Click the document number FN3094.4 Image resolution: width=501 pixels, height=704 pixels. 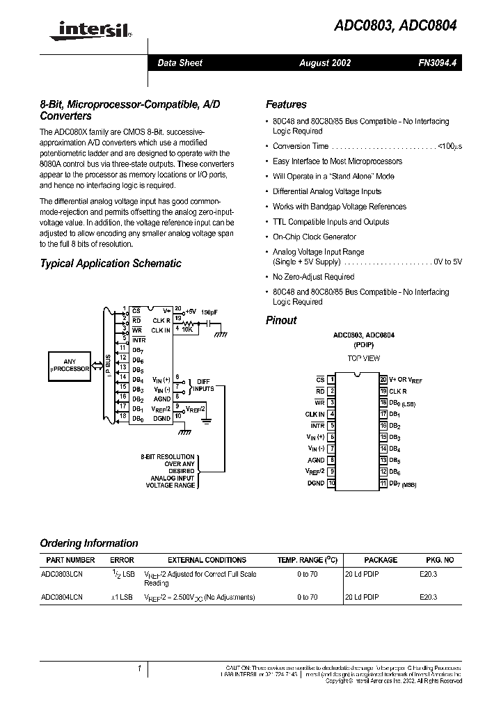(437, 63)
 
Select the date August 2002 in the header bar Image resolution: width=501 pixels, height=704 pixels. (325, 63)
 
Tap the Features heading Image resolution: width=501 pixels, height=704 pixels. (286, 104)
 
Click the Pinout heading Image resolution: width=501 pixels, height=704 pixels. (281, 320)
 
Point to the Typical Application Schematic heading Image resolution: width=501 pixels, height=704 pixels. (111, 264)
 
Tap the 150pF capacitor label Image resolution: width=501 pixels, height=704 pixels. (209, 313)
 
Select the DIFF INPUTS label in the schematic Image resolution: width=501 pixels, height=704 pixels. (204, 385)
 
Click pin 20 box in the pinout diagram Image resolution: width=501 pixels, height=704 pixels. (383, 380)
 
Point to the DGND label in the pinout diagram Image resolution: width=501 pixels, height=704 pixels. (315, 483)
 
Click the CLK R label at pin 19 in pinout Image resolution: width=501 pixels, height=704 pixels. (398, 391)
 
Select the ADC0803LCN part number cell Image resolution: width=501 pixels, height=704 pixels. (62, 574)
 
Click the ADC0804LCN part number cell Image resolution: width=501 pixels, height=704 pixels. (62, 597)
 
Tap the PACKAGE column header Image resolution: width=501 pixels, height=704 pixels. (381, 560)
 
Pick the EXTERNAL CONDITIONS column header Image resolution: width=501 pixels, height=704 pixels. (207, 560)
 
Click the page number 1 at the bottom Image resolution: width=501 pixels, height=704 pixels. (140, 669)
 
